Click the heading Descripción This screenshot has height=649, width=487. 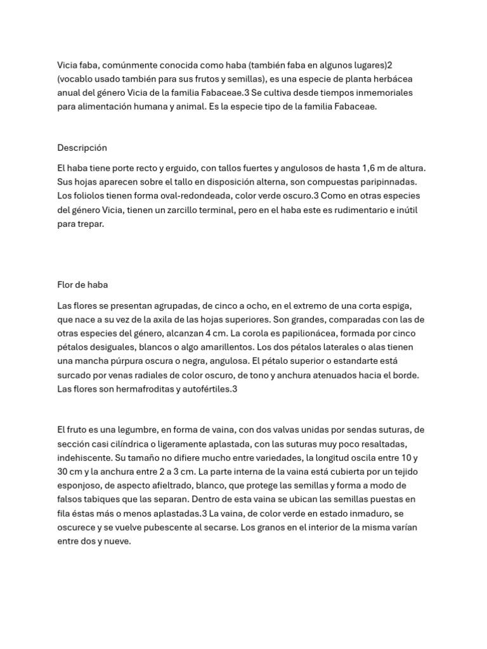[x=82, y=148]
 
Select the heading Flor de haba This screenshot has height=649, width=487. [x=82, y=285]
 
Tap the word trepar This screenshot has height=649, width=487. [x=89, y=224]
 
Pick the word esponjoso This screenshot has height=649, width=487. [x=82, y=485]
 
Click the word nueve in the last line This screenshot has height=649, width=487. [x=117, y=541]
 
